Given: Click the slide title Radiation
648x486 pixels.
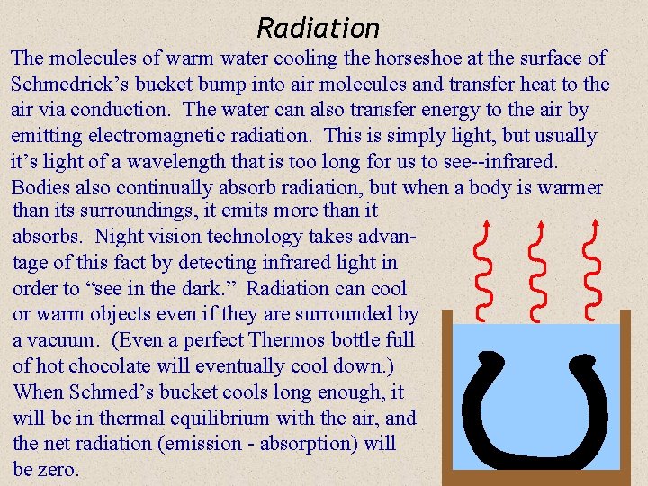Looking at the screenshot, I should pyautogui.click(x=319, y=28).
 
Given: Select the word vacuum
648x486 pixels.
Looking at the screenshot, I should pyautogui.click(x=65, y=341).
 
